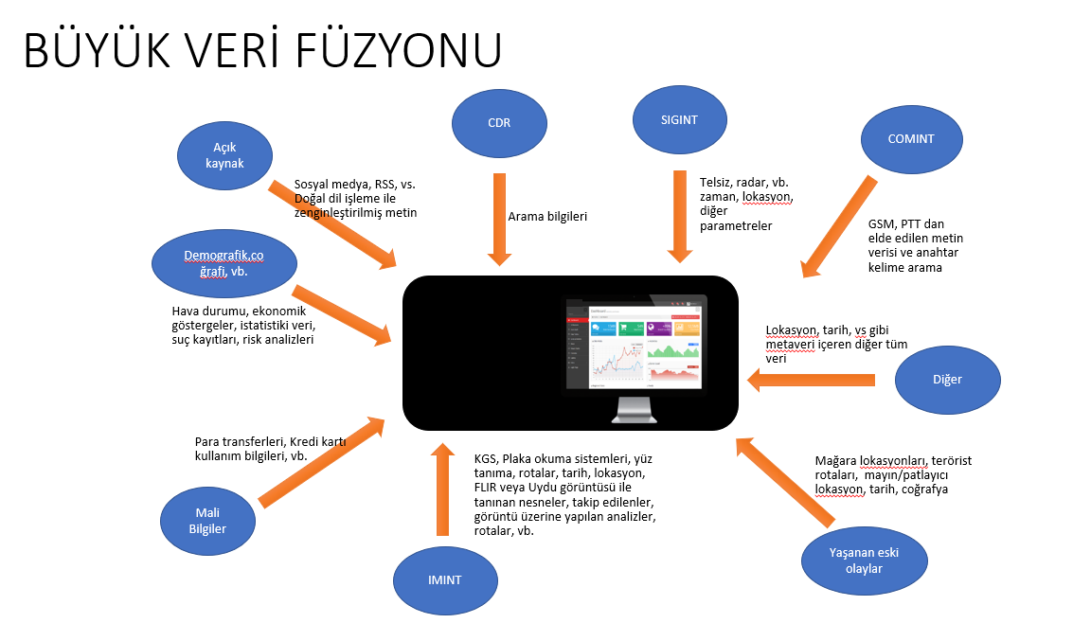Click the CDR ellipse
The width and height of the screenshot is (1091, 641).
[x=501, y=122]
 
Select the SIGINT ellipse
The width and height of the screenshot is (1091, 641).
[x=680, y=119]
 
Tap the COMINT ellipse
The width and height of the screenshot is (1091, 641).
[x=911, y=139]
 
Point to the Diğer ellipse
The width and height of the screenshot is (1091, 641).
[x=946, y=380]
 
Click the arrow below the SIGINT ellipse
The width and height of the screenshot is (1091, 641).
[x=679, y=216]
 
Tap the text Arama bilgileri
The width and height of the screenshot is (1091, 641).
[x=548, y=217]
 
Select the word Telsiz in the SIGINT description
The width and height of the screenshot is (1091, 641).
[x=716, y=181]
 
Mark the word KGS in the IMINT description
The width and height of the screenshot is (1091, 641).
[x=487, y=459]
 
